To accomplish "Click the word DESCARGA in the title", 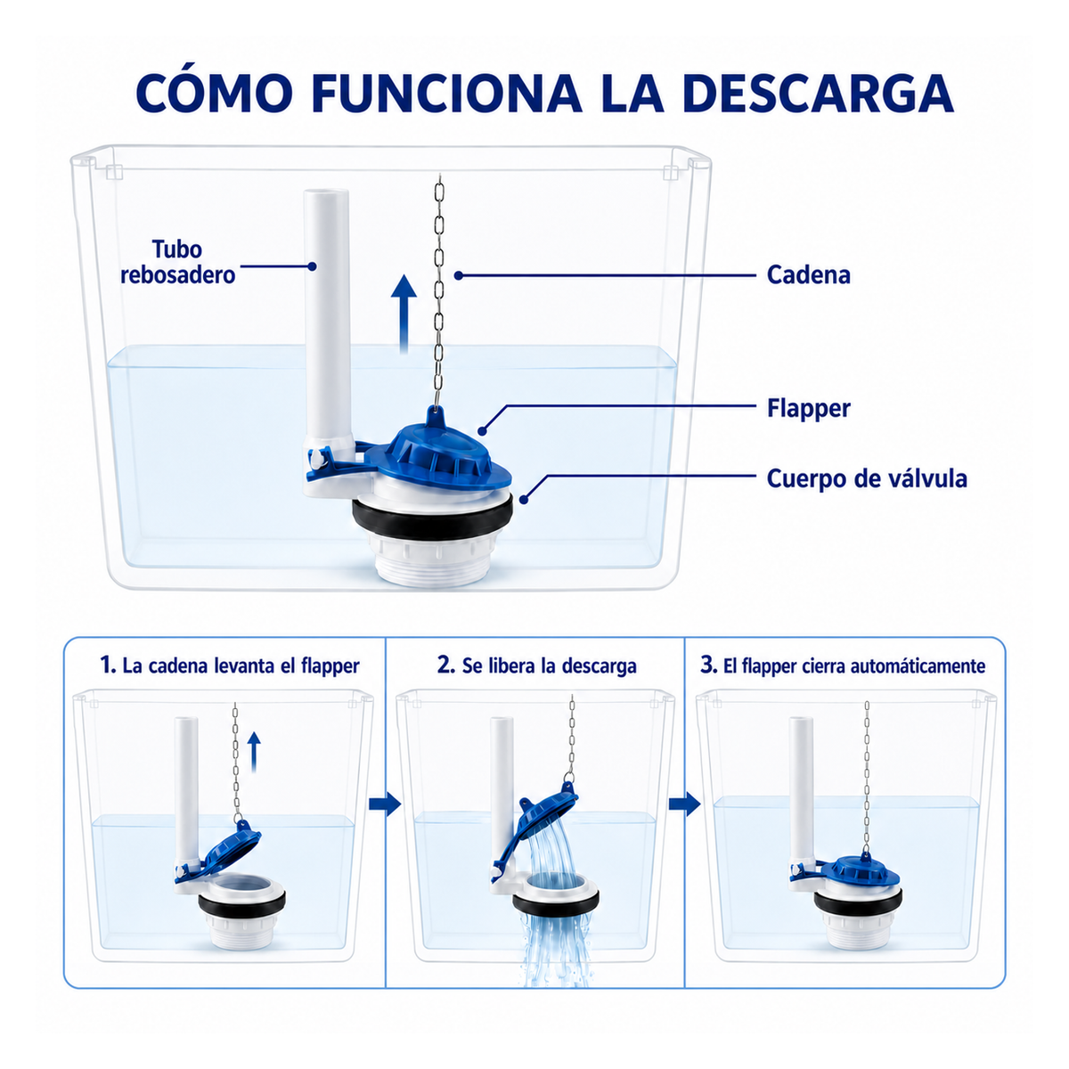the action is point(818,94).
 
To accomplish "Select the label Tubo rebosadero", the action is point(177,262).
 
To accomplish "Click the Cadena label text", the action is point(808,275).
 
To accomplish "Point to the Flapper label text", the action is point(808,408).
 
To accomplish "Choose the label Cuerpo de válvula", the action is point(867,478).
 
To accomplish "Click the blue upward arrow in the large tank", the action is point(404,314).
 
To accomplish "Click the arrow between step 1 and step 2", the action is point(385,804).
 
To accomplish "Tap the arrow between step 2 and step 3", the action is point(684,804).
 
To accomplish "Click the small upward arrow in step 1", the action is point(254,752).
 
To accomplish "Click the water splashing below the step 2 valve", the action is point(555,950).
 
